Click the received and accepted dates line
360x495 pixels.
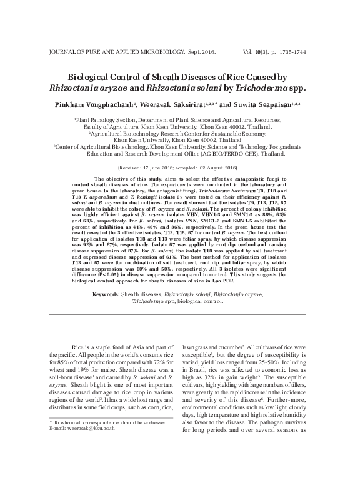tap(179, 169)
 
